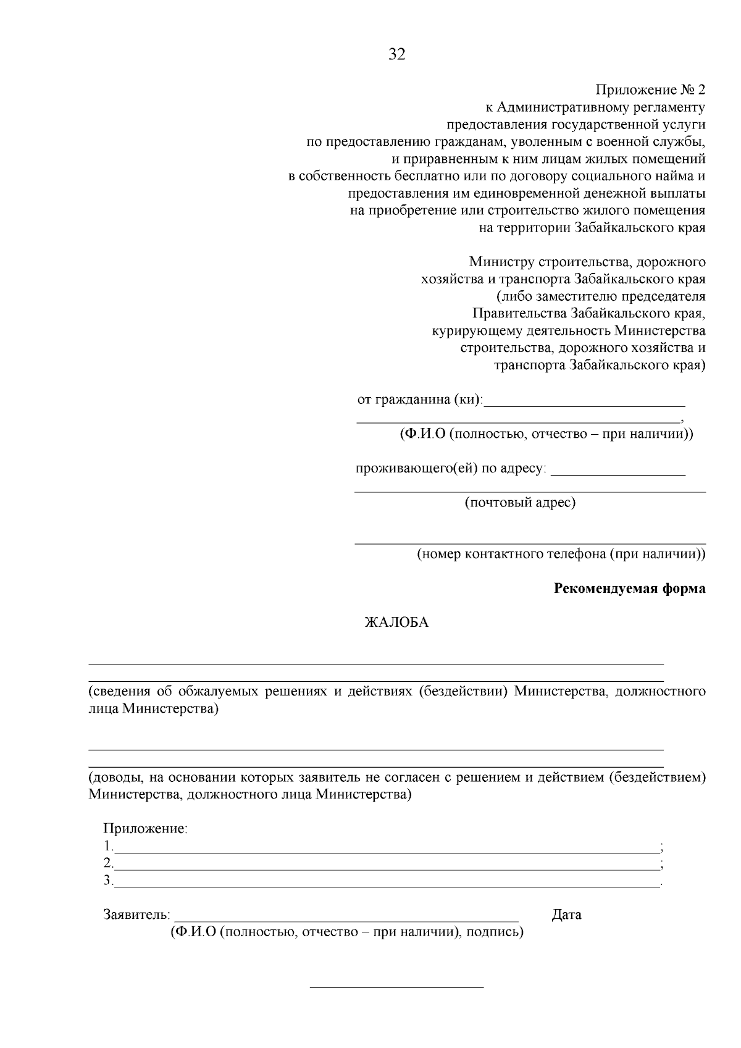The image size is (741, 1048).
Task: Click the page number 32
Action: coord(397,54)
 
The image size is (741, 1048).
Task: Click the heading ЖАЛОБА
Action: coord(396,623)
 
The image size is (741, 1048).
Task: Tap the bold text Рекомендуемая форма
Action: coord(630,589)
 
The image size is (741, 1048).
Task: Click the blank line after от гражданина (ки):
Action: coord(585,405)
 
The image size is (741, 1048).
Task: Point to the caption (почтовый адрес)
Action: coord(520,502)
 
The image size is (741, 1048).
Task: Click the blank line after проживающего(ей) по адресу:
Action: coord(617,473)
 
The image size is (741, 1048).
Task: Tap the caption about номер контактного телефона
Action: coord(561,554)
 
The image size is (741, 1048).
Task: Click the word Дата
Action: coord(566,915)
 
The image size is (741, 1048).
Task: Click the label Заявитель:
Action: coord(136,915)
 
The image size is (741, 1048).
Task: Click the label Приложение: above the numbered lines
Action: coord(145,829)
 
